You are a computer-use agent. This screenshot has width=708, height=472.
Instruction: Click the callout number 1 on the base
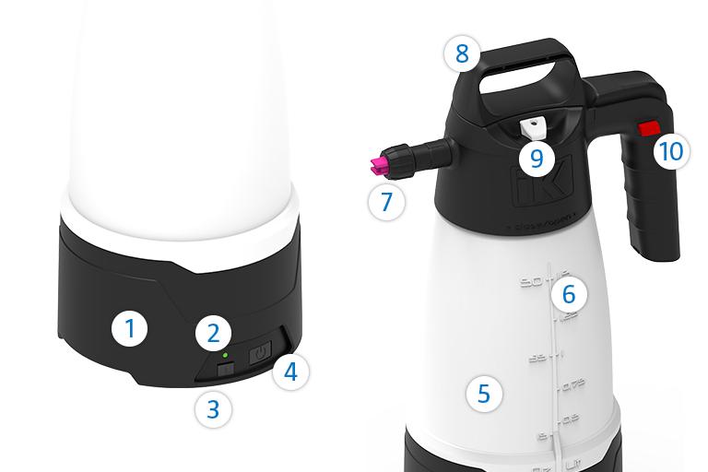pyautogui.click(x=130, y=329)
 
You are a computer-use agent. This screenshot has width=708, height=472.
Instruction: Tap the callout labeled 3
pyautogui.click(x=212, y=407)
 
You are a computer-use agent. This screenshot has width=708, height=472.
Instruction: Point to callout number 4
pyautogui.click(x=289, y=372)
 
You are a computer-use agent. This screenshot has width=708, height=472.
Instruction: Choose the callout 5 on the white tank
pyautogui.click(x=483, y=394)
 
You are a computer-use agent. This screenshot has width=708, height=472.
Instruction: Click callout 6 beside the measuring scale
pyautogui.click(x=568, y=295)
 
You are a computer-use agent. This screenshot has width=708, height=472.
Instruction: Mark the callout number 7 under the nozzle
pyautogui.click(x=386, y=201)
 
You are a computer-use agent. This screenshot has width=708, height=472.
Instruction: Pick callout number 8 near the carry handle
pyautogui.click(x=461, y=53)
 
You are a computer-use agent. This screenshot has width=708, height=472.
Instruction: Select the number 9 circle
pyautogui.click(x=537, y=157)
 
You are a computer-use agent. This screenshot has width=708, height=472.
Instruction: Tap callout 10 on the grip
pyautogui.click(x=671, y=149)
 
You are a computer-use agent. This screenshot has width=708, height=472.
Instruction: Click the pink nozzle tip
pyautogui.click(x=378, y=167)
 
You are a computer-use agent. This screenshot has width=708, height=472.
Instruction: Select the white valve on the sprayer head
pyautogui.click(x=531, y=127)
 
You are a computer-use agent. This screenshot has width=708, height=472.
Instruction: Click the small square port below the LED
pyautogui.click(x=224, y=369)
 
